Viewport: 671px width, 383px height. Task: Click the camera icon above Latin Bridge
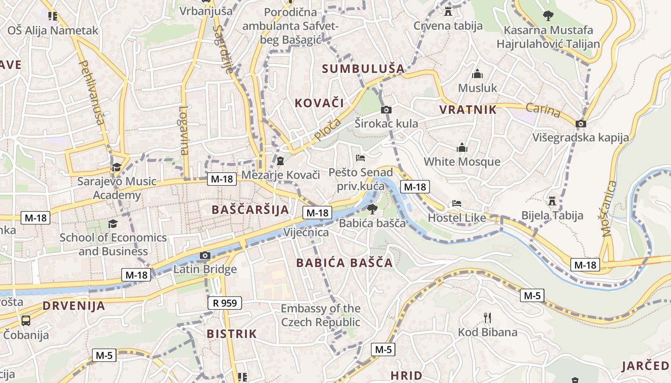click(205, 255)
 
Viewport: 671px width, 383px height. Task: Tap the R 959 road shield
click(224, 303)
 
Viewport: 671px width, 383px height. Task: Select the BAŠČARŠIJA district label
click(251, 210)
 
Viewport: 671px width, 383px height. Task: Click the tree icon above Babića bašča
click(372, 209)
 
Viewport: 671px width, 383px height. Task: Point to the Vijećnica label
click(306, 233)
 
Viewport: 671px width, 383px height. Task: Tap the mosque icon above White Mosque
click(462, 147)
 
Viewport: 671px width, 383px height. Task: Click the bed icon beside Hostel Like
click(457, 203)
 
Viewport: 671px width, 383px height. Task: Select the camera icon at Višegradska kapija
click(581, 124)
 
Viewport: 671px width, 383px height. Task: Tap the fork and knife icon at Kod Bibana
click(487, 317)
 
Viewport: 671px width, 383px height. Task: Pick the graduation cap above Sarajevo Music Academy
click(116, 167)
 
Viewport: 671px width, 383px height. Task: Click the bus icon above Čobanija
click(26, 320)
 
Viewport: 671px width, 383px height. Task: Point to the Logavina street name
click(184, 131)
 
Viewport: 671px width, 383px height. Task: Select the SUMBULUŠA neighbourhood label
click(363, 69)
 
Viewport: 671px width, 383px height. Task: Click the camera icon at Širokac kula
click(386, 110)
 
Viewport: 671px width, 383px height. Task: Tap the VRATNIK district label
click(468, 110)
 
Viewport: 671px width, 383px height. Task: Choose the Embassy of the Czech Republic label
click(320, 315)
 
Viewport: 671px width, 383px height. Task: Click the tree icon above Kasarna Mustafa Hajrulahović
click(548, 16)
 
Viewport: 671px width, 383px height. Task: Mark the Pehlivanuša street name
click(91, 92)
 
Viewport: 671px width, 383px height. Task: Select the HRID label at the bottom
click(406, 375)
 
